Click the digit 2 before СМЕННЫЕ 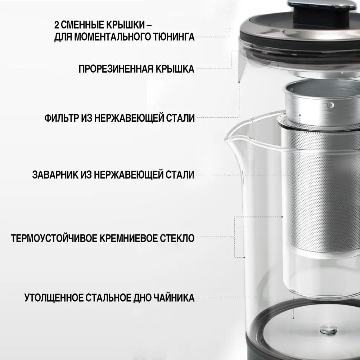[57, 25]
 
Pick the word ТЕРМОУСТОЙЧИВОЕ [54, 238]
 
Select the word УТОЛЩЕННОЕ [54, 298]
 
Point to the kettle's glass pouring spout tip [225, 139]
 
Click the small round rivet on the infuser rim [330, 105]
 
